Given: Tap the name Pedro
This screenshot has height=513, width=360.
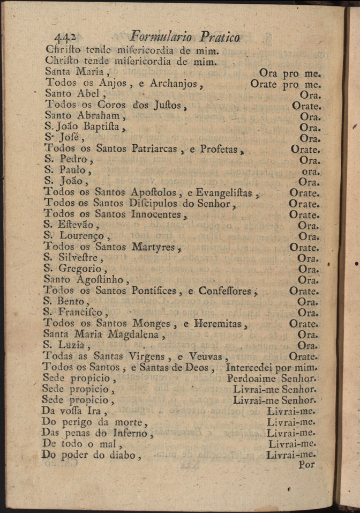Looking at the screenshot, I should [73, 160].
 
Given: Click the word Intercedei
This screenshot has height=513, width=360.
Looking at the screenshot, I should [250, 368].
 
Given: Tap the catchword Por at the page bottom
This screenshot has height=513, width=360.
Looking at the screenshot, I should [307, 465].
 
